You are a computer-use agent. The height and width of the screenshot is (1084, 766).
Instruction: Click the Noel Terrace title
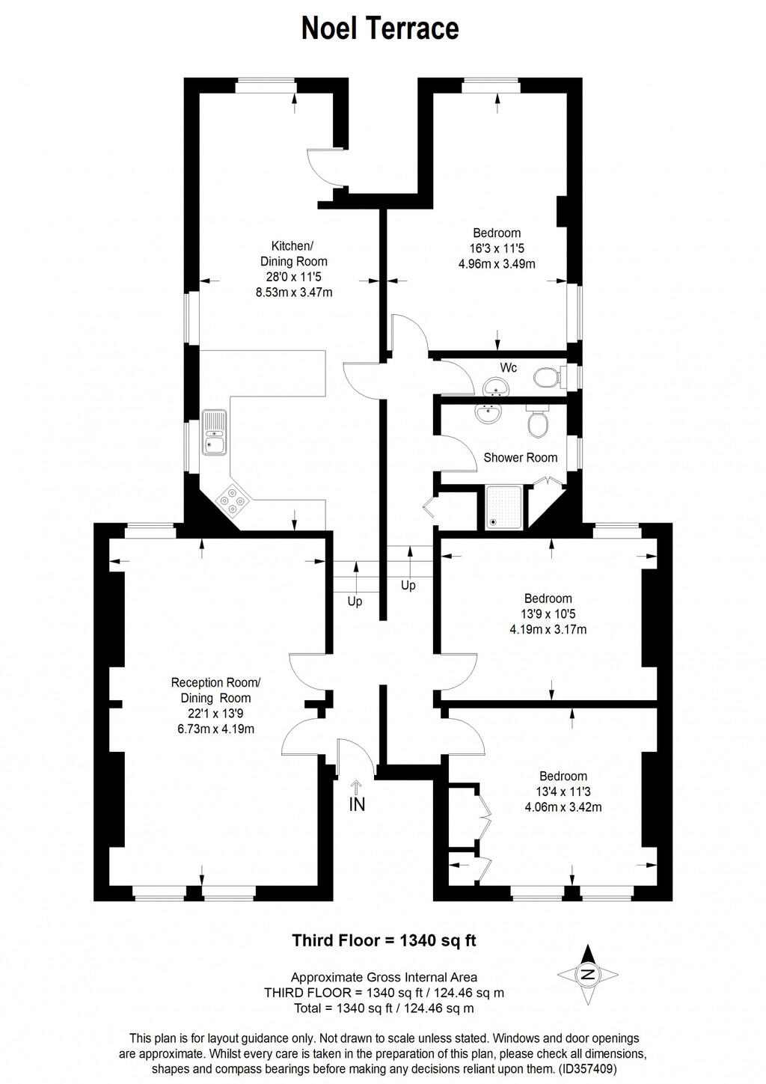click(380, 28)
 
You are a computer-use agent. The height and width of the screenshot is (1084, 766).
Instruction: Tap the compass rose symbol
click(588, 974)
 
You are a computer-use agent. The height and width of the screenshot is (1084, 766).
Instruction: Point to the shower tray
click(503, 506)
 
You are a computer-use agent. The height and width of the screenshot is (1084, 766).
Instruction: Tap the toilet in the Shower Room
click(537, 423)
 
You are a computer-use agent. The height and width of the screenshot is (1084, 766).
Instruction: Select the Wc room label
click(509, 367)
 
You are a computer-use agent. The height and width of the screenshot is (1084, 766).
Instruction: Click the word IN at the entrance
click(357, 804)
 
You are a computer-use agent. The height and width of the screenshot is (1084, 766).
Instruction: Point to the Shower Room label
click(520, 457)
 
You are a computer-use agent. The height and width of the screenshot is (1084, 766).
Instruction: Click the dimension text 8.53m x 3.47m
click(294, 293)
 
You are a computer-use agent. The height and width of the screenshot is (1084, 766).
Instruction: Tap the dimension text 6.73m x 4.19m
click(215, 729)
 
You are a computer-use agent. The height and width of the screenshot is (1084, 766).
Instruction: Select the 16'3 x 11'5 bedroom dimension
click(497, 248)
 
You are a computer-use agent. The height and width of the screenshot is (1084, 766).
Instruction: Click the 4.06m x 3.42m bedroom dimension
click(563, 807)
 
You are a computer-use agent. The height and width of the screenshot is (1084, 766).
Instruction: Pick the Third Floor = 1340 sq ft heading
click(384, 940)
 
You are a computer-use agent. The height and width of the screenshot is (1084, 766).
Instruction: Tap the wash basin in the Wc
click(495, 387)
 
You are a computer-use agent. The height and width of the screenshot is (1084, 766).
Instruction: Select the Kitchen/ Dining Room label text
click(293, 254)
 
